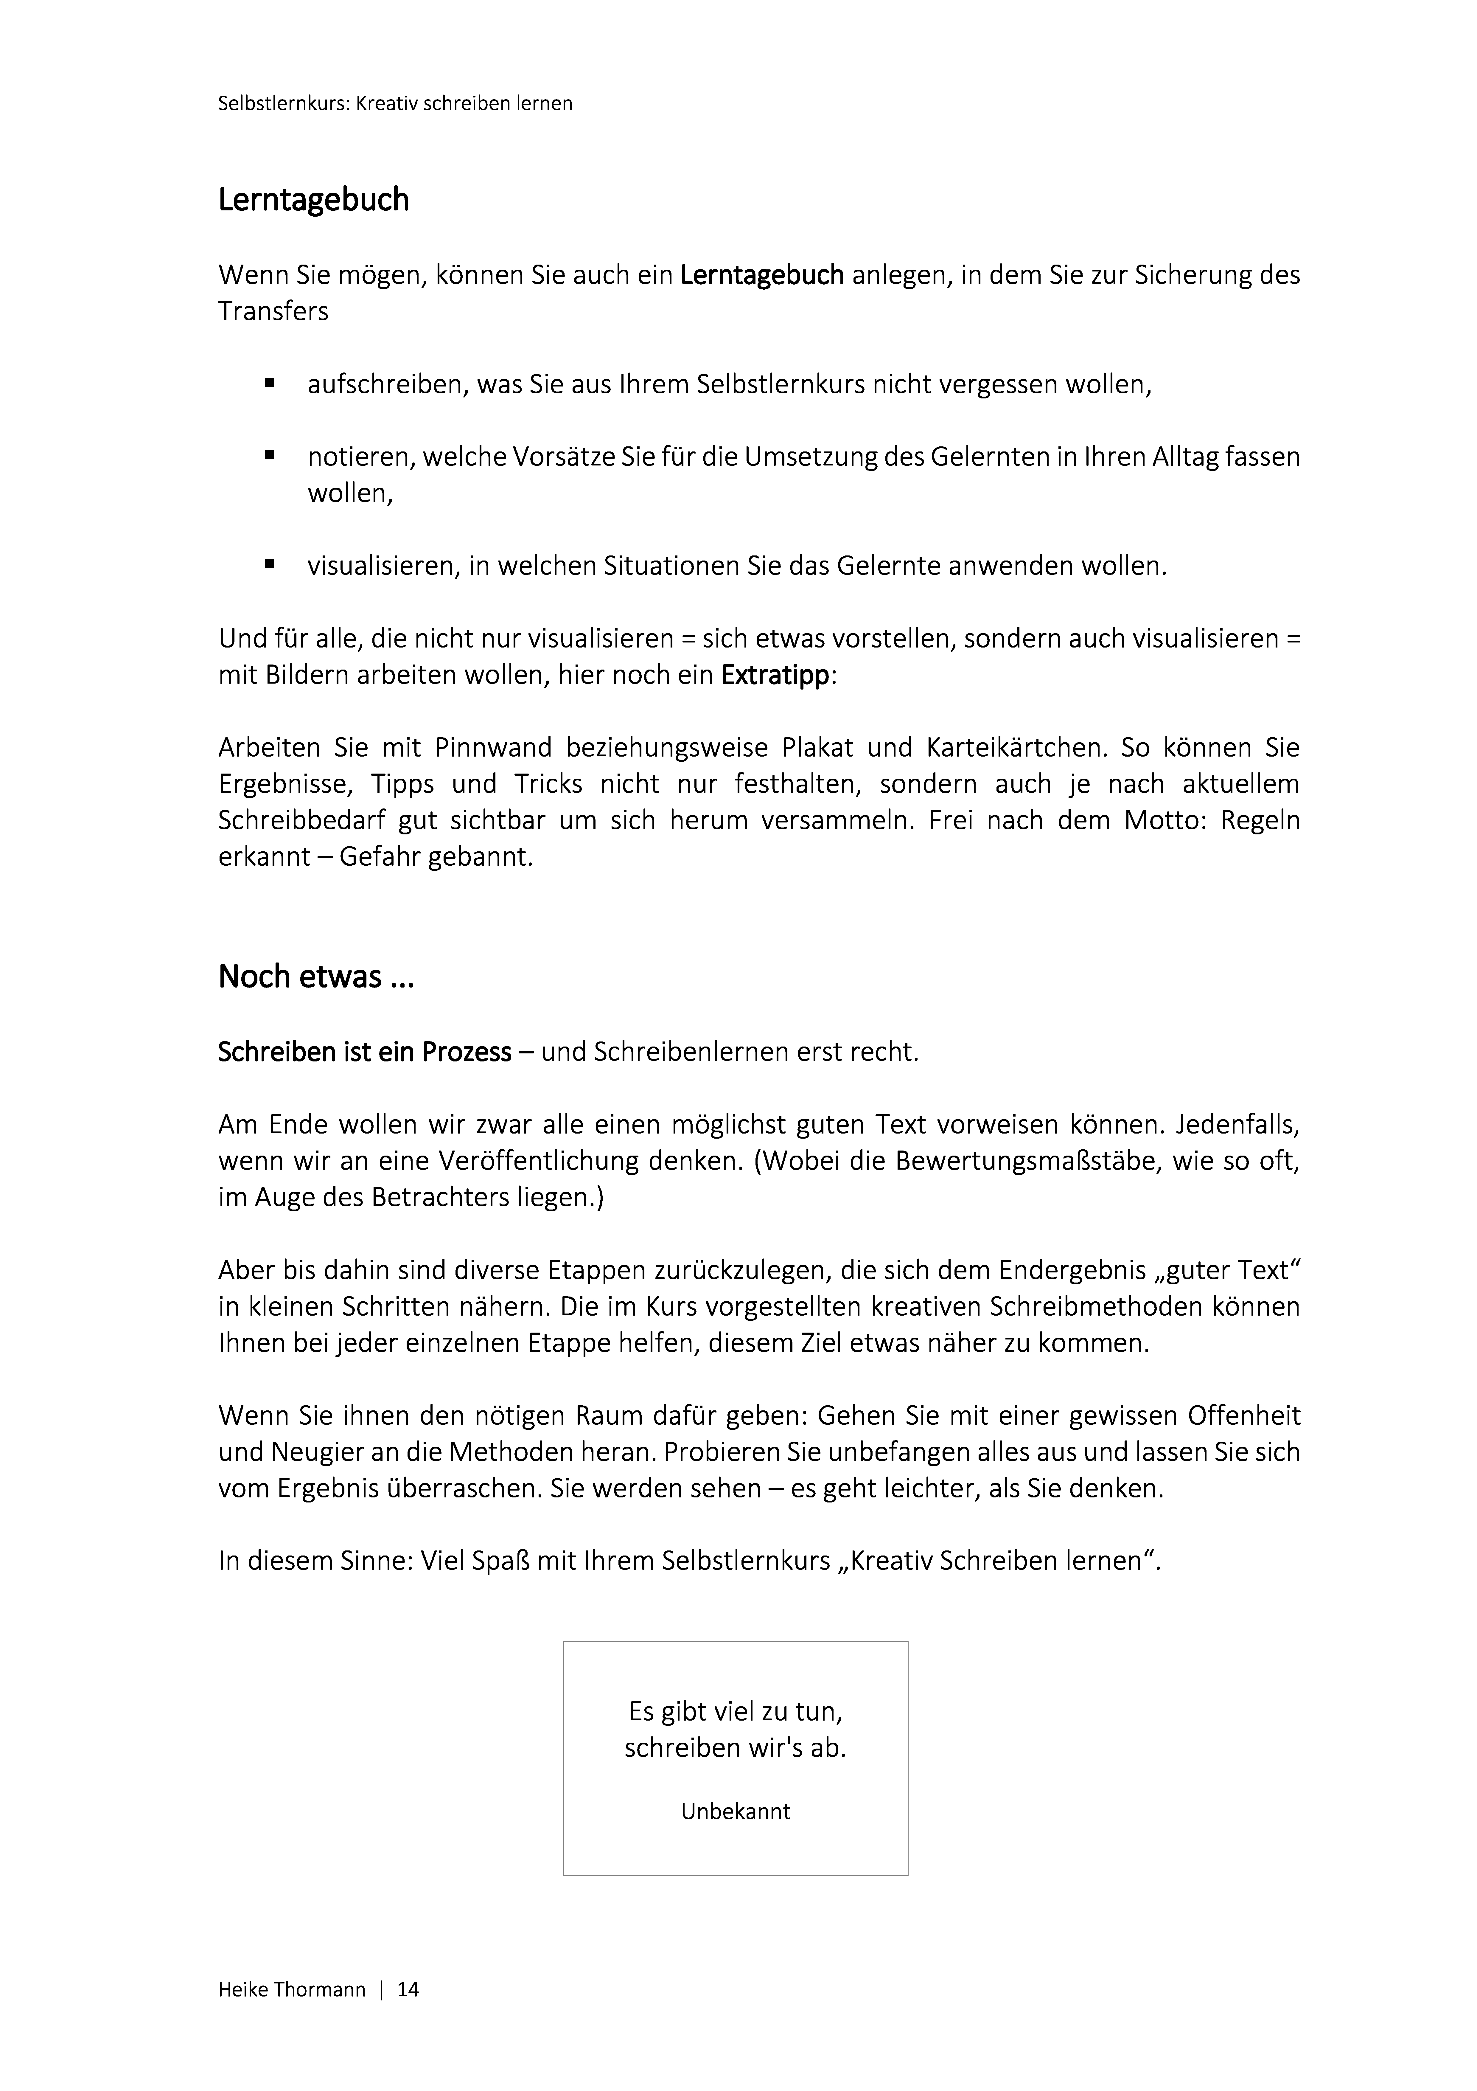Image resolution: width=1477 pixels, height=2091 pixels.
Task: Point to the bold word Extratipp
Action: click(775, 676)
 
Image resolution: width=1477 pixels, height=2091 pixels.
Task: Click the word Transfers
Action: click(273, 311)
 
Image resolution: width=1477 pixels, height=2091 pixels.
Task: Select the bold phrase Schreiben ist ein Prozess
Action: click(364, 1053)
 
